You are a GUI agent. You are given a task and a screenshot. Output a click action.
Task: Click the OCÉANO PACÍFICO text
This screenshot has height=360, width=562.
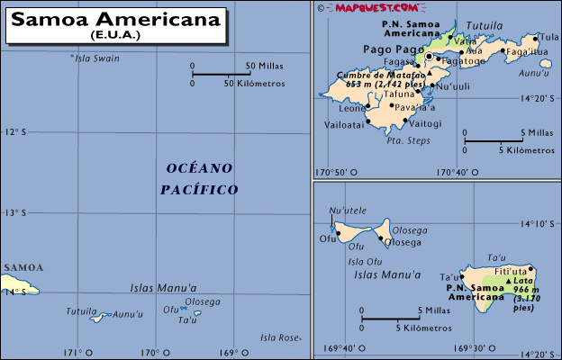click(199, 178)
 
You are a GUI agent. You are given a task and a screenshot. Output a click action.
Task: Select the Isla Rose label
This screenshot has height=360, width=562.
click(278, 337)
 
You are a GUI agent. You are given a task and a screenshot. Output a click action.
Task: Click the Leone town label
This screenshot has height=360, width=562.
click(352, 109)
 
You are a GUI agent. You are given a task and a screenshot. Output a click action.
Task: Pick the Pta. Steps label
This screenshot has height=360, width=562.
click(407, 141)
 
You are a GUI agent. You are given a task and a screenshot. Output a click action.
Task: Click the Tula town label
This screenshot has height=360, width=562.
click(548, 37)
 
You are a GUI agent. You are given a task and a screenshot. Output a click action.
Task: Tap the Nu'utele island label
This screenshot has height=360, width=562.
click(349, 211)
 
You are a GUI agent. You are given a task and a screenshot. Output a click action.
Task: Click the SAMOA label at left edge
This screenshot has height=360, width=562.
click(23, 267)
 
